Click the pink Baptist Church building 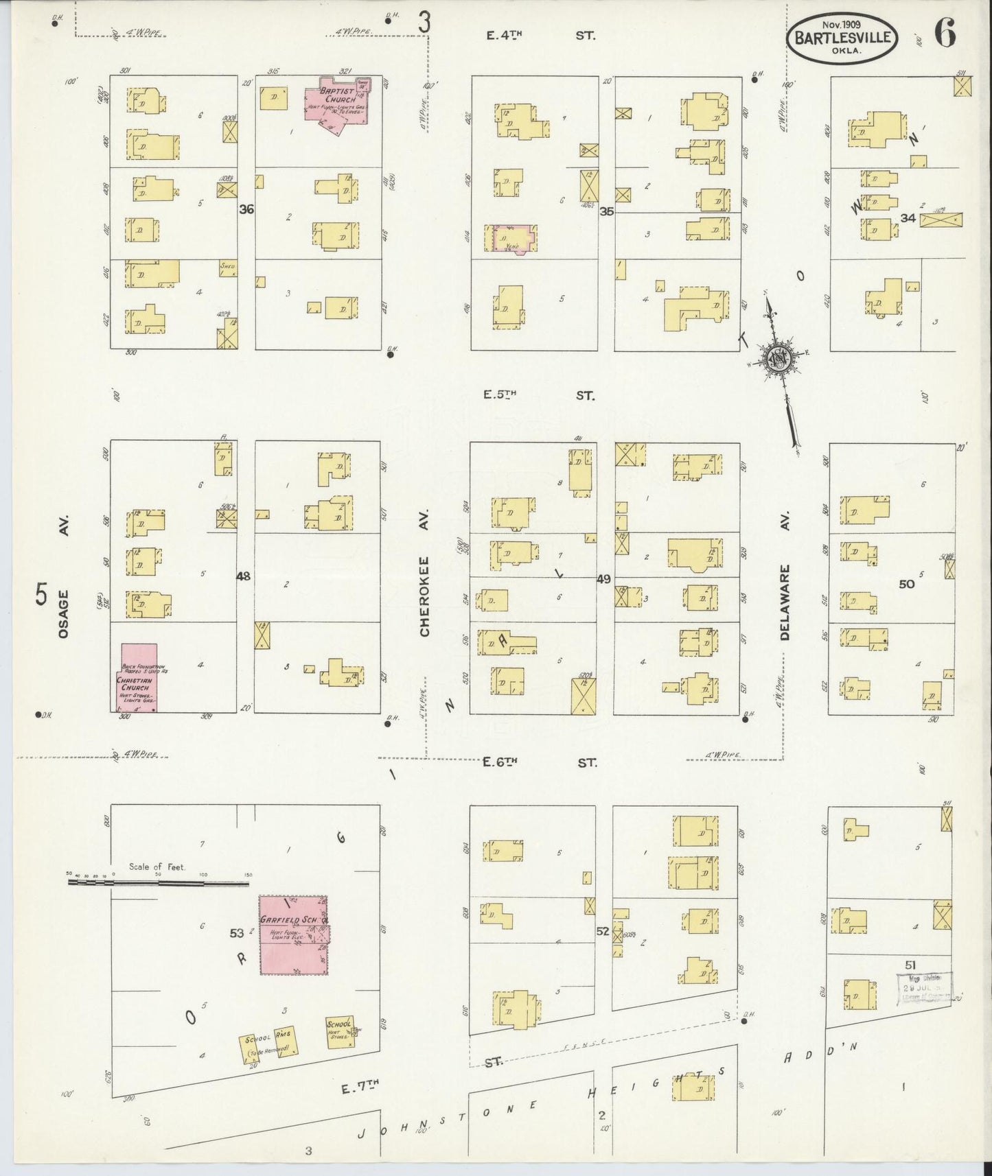340,102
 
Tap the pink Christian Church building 139,677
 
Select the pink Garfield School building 294,934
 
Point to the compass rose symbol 779,359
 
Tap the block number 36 246,210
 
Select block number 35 606,212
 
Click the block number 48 243,576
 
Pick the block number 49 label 603,580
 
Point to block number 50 907,584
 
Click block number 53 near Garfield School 237,933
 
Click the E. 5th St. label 539,395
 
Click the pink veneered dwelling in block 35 512,239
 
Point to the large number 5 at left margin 43,593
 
